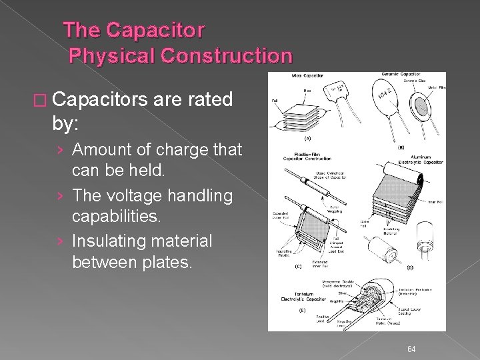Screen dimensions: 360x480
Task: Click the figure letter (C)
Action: [299, 266]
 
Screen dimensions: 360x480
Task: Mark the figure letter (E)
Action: [302, 311]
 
